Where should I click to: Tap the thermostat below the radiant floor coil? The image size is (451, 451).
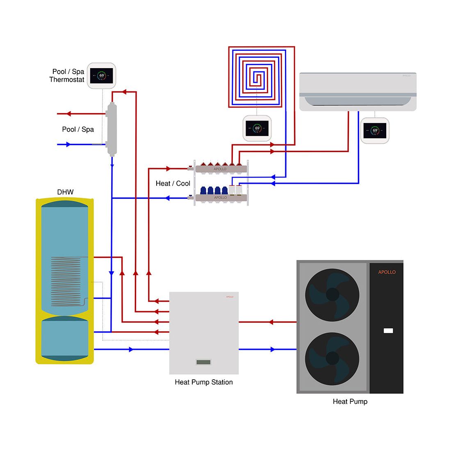pos(257,128)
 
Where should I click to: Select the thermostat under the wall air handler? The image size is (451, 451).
pos(375,131)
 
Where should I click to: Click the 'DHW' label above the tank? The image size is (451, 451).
pos(65,192)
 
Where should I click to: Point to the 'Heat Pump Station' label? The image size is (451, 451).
pos(204,382)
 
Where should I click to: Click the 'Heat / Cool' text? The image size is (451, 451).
pos(173,183)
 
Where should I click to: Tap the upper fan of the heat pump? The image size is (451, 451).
pos(332,295)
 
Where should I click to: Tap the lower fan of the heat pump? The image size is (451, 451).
pos(332,358)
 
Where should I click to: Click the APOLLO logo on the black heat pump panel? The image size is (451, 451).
pos(387,272)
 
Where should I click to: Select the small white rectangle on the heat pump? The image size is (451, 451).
pos(388,330)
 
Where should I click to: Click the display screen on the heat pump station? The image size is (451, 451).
pos(203,362)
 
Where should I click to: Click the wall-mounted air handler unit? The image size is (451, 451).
pos(358,92)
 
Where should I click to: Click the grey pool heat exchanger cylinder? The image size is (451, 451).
pos(112,129)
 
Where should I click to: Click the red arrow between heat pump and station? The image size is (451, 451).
pos(270,322)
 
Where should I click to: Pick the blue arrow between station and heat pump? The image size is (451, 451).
pos(273,349)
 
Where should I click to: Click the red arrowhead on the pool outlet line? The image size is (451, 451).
pos(68,114)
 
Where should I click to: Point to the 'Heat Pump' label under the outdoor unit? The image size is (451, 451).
pos(350,401)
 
